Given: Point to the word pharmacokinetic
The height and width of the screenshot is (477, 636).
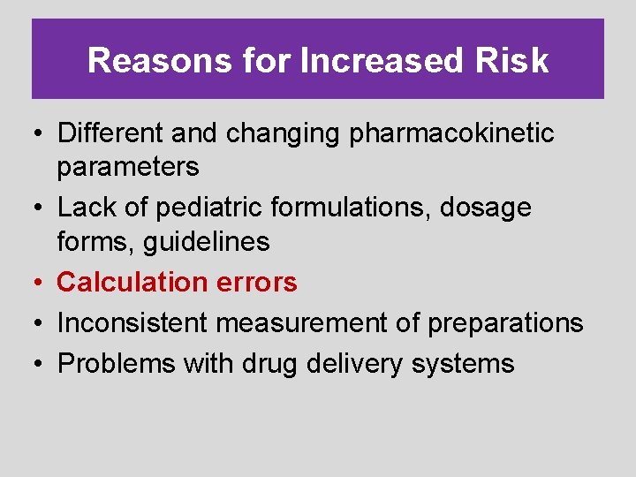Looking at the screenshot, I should tap(452, 134).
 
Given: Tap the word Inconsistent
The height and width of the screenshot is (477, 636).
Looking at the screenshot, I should tap(133, 323).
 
